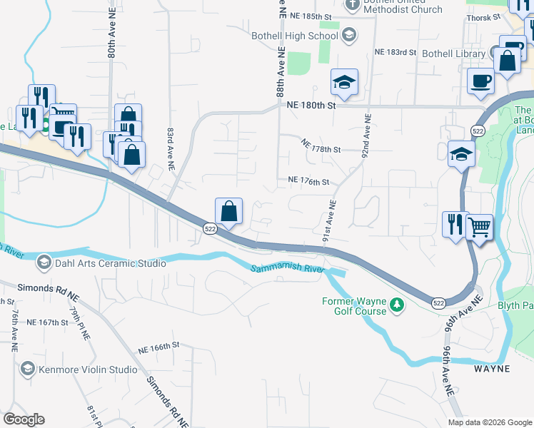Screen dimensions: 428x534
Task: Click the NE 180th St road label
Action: [311, 106]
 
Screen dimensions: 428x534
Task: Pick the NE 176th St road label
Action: [308, 181]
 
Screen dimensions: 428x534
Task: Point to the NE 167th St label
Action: [46, 322]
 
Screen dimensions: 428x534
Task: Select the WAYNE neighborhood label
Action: [493, 369]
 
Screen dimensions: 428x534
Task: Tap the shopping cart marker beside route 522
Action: [480, 228]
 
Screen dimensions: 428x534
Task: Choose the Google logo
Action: [24, 419]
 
